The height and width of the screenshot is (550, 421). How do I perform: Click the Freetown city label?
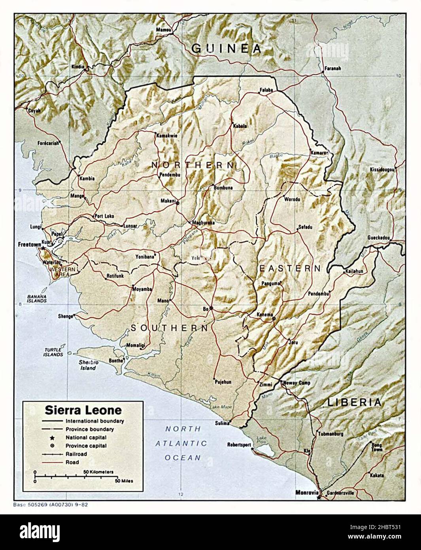pos(29,245)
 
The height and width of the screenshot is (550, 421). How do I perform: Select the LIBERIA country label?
pos(354,403)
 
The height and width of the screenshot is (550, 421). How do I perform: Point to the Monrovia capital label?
pos(307,493)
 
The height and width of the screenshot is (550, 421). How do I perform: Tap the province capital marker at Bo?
pos(211,308)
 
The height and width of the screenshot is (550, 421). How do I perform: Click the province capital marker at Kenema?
pos(274,318)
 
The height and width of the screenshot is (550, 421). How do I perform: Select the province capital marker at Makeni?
pos(177,203)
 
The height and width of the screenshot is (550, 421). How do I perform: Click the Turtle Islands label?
pos(53,352)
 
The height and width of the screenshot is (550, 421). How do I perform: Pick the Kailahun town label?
pos(354,272)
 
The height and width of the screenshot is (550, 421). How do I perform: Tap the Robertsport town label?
pos(239,444)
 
